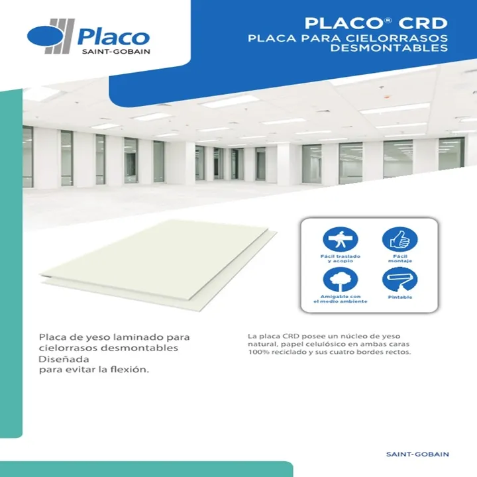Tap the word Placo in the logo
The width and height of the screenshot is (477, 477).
(113, 37)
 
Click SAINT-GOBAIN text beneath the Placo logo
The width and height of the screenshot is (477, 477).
(116, 52)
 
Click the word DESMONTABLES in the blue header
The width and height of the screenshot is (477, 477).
(389, 48)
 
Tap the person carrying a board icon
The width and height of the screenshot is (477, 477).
(341, 239)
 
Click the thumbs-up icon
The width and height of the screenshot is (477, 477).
(399, 239)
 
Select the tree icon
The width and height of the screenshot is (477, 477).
(341, 280)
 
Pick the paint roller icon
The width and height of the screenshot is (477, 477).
(399, 280)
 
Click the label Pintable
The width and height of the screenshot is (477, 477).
(400, 297)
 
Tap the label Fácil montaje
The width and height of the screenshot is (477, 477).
(400, 258)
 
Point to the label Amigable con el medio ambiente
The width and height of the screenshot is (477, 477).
(341, 299)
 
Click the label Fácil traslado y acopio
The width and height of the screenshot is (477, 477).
(341, 258)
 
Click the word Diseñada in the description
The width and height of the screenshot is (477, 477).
(64, 359)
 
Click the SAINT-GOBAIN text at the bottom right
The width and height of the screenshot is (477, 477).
(417, 454)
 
